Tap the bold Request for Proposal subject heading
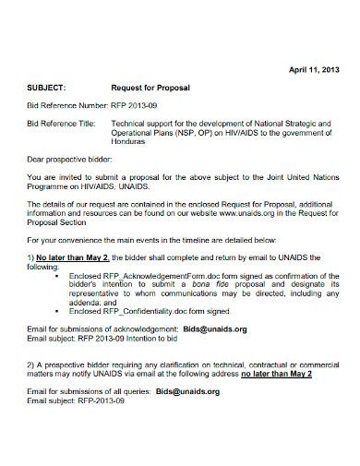[x=150, y=87]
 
